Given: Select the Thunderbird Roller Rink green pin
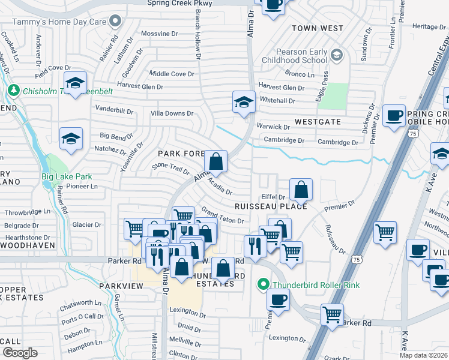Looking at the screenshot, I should [x=263, y=284].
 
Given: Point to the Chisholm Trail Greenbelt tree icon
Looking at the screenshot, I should [x=13, y=91].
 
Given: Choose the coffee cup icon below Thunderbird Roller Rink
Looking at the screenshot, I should [x=278, y=301].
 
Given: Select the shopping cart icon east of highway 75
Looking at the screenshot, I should [x=385, y=232].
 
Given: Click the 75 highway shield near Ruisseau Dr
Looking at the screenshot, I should [x=357, y=259].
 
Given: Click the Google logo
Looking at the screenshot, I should [x=20, y=353].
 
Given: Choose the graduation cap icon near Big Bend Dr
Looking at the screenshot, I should [x=71, y=139].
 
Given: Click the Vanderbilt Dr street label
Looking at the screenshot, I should [x=113, y=110].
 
